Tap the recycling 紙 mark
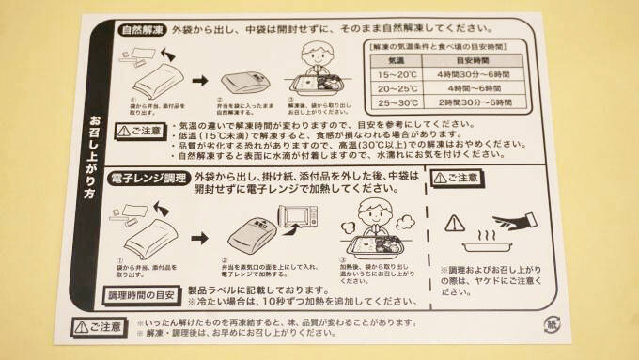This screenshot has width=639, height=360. click(554, 325)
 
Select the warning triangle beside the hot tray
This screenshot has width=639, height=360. click(454, 222)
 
